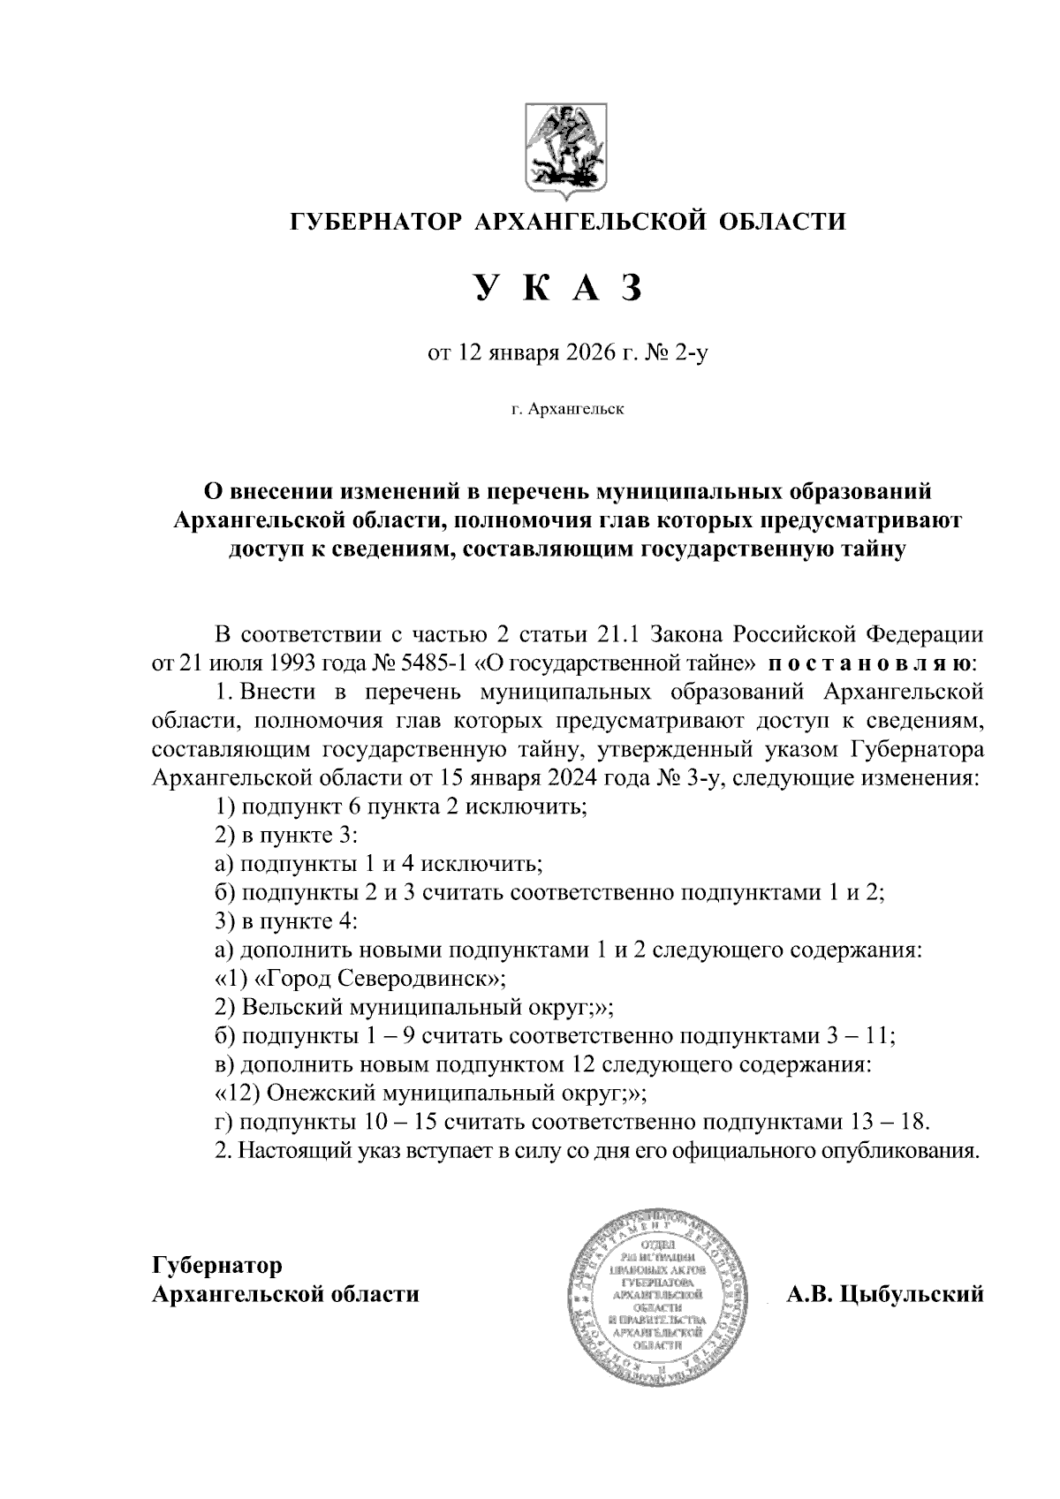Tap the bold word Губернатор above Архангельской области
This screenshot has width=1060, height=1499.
click(217, 1265)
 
